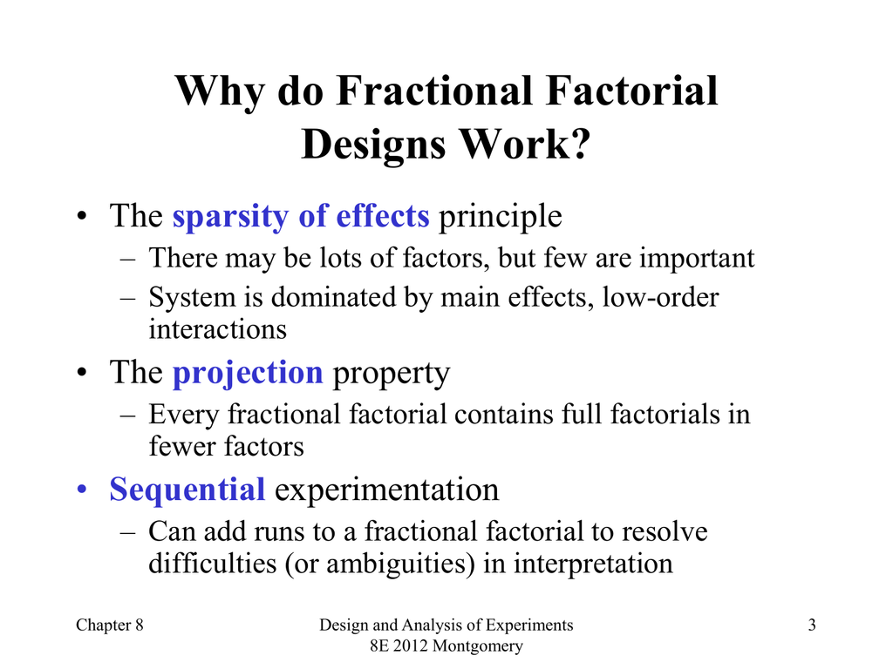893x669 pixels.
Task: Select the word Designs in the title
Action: [373, 145]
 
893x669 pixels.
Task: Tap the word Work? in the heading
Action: [525, 144]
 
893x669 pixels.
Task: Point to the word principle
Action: [500, 217]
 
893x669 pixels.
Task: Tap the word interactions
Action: [217, 329]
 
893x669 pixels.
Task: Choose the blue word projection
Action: [248, 374]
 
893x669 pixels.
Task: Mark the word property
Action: [392, 374]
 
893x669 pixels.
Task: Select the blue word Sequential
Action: [187, 490]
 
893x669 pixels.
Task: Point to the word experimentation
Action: [386, 490]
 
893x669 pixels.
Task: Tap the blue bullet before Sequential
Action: [83, 490]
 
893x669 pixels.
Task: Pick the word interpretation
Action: [593, 564]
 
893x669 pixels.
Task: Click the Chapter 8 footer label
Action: [109, 625]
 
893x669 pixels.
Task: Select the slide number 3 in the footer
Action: [812, 625]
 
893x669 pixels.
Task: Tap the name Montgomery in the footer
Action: [477, 646]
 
